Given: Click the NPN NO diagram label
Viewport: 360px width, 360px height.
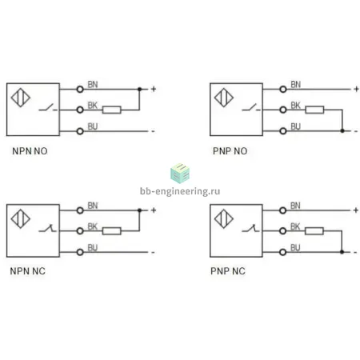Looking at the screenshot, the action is point(30,151).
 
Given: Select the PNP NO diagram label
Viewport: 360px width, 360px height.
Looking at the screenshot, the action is point(230,151).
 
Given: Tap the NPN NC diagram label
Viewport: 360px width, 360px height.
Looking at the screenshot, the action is point(28,271).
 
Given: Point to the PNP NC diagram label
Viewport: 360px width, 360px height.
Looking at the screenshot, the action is point(228,271).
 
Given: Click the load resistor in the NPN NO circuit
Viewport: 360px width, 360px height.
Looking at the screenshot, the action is point(112,110).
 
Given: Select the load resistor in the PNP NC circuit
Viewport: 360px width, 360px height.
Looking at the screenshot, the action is point(314,231).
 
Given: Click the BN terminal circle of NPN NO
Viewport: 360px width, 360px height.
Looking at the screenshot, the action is point(80,90).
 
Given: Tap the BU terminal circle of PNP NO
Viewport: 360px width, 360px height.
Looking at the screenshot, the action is point(283,131).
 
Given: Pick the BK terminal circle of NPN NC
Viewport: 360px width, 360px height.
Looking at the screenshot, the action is point(80,231).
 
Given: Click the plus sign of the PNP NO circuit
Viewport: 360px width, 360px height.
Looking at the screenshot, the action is point(356,89).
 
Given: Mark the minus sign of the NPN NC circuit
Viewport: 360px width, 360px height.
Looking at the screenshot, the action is point(153,252).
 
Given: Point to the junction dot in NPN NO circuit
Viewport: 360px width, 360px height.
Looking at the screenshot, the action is point(139,89).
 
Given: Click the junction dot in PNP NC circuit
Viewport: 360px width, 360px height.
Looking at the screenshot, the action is point(342,252).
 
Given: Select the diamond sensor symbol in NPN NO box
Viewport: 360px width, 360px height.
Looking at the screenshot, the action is point(21,98).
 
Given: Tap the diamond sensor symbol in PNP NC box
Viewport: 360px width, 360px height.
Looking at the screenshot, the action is point(224,219).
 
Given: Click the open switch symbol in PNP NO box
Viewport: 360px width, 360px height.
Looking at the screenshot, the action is point(251,108).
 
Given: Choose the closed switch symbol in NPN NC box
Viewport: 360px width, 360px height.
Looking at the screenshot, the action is point(47,229).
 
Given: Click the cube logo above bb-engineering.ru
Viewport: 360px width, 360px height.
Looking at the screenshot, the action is point(180,174).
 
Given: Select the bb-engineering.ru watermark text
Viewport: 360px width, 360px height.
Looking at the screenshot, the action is point(180,191).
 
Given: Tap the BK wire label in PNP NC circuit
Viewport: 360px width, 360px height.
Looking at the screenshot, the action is point(295,226).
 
